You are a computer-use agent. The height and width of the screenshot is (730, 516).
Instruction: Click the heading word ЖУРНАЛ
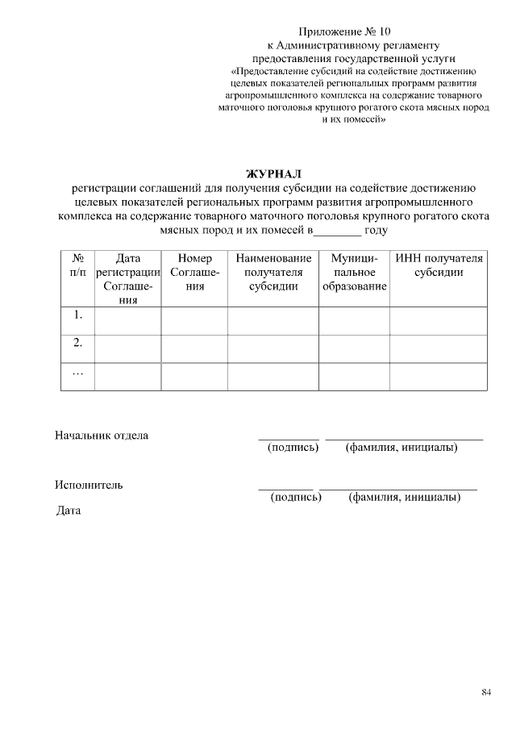pyautogui.click(x=273, y=173)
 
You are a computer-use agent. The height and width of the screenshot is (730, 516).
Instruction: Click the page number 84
pyautogui.click(x=486, y=692)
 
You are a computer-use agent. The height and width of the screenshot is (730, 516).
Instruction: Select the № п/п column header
pyautogui.click(x=78, y=265)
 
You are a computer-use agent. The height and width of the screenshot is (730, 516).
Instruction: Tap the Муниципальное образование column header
pyautogui.click(x=354, y=272)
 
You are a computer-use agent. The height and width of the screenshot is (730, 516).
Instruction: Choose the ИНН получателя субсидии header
pyautogui.click(x=439, y=265)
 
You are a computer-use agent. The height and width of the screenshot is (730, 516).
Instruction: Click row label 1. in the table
pyautogui.click(x=78, y=315)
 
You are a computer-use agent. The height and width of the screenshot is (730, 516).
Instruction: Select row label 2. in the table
pyautogui.click(x=78, y=343)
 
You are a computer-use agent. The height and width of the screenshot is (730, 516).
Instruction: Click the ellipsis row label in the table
pyautogui.click(x=78, y=373)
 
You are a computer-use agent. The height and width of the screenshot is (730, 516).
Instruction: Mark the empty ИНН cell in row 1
pyautogui.click(x=439, y=320)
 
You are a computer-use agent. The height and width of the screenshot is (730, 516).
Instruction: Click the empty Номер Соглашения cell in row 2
pyautogui.click(x=194, y=348)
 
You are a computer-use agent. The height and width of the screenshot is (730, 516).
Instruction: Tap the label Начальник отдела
pyautogui.click(x=102, y=436)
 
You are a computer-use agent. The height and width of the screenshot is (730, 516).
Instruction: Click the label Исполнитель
pyautogui.click(x=89, y=485)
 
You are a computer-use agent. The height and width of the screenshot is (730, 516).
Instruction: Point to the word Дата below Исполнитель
pyautogui.click(x=69, y=511)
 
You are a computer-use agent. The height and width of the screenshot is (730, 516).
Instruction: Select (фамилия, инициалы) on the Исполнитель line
pyautogui.click(x=404, y=498)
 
